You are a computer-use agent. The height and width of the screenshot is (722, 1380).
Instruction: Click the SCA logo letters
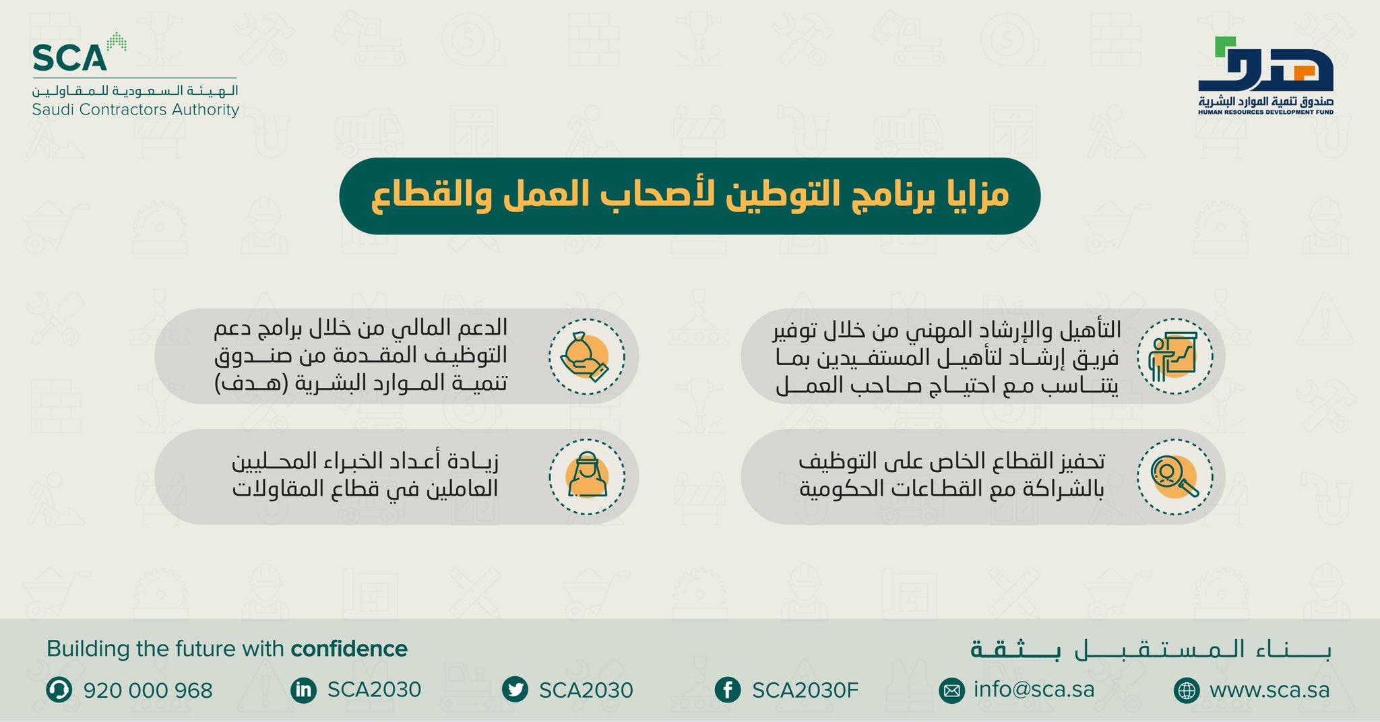pyautogui.click(x=69, y=58)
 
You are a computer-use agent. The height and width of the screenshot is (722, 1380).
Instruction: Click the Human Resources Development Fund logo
pyautogui.click(x=1265, y=75)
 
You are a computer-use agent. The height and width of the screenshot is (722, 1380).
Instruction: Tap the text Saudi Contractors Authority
pyautogui.click(x=135, y=110)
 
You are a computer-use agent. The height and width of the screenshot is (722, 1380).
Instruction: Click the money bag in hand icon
pyautogui.click(x=586, y=356)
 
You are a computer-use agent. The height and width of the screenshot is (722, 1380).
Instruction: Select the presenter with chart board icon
pyautogui.click(x=1174, y=356)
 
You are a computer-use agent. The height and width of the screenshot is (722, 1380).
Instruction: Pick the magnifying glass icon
pyautogui.click(x=1174, y=477)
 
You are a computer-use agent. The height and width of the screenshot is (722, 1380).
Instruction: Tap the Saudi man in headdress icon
pyautogui.click(x=586, y=477)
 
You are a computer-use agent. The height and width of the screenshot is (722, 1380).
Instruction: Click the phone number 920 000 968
pyautogui.click(x=148, y=690)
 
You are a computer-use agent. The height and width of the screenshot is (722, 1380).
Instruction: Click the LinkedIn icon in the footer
pyautogui.click(x=303, y=690)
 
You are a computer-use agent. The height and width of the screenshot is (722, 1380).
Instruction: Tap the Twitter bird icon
pyautogui.click(x=515, y=690)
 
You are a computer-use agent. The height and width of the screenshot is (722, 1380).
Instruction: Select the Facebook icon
pyautogui.click(x=728, y=690)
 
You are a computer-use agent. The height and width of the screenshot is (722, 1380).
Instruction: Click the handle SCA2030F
pyautogui.click(x=805, y=690)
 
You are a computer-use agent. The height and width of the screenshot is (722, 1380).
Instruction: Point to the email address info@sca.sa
pyautogui.click(x=1034, y=690)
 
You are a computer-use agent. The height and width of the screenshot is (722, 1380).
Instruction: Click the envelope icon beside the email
pyautogui.click(x=951, y=691)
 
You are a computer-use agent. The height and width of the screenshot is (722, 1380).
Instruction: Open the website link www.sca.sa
pyautogui.click(x=1269, y=690)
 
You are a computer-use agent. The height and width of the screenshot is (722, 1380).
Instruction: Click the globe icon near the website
pyautogui.click(x=1187, y=691)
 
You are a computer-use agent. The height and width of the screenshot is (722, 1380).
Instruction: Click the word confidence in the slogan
pyautogui.click(x=349, y=649)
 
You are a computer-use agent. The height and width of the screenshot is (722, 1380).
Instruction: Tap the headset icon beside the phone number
pyautogui.click(x=59, y=690)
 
